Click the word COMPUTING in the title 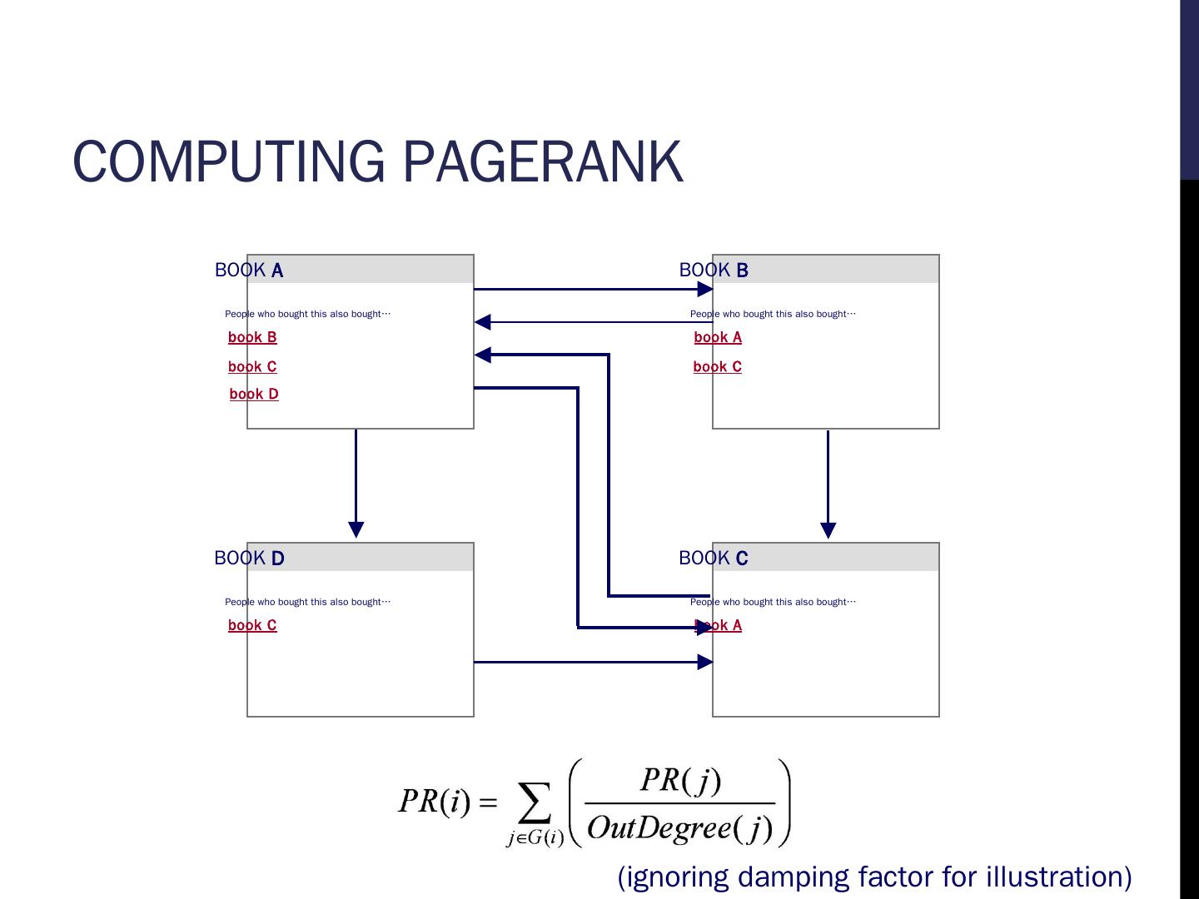coord(228,161)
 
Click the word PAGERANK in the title coord(543,161)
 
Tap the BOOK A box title coord(249,271)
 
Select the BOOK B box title coord(714,271)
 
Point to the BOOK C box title coord(714,558)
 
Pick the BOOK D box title coord(249,558)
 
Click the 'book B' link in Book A coord(252,337)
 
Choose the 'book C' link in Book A coord(252,366)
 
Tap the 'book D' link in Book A coord(254,394)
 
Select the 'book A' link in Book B coord(718,337)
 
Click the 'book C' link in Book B coord(717,366)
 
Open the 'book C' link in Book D coord(252,625)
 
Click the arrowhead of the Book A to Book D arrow coord(356,529)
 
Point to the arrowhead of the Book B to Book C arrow coord(828,530)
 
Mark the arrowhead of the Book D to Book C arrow coord(704,662)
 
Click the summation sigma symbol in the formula coord(535,802)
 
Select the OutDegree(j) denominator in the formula coord(680,828)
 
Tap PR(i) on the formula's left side coord(435,802)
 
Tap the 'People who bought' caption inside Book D coord(307,602)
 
